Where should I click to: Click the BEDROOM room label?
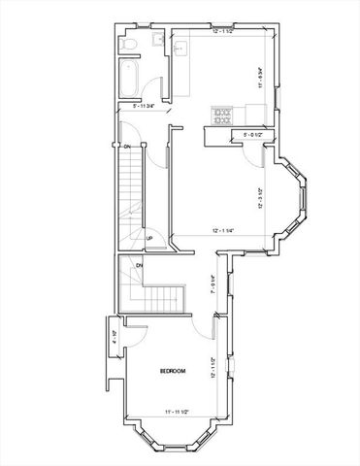[173, 371]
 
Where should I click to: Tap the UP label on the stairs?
[149, 238]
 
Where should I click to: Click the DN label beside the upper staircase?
[125, 147]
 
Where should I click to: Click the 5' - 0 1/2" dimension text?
[252, 135]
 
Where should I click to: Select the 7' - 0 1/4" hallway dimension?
[213, 284]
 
